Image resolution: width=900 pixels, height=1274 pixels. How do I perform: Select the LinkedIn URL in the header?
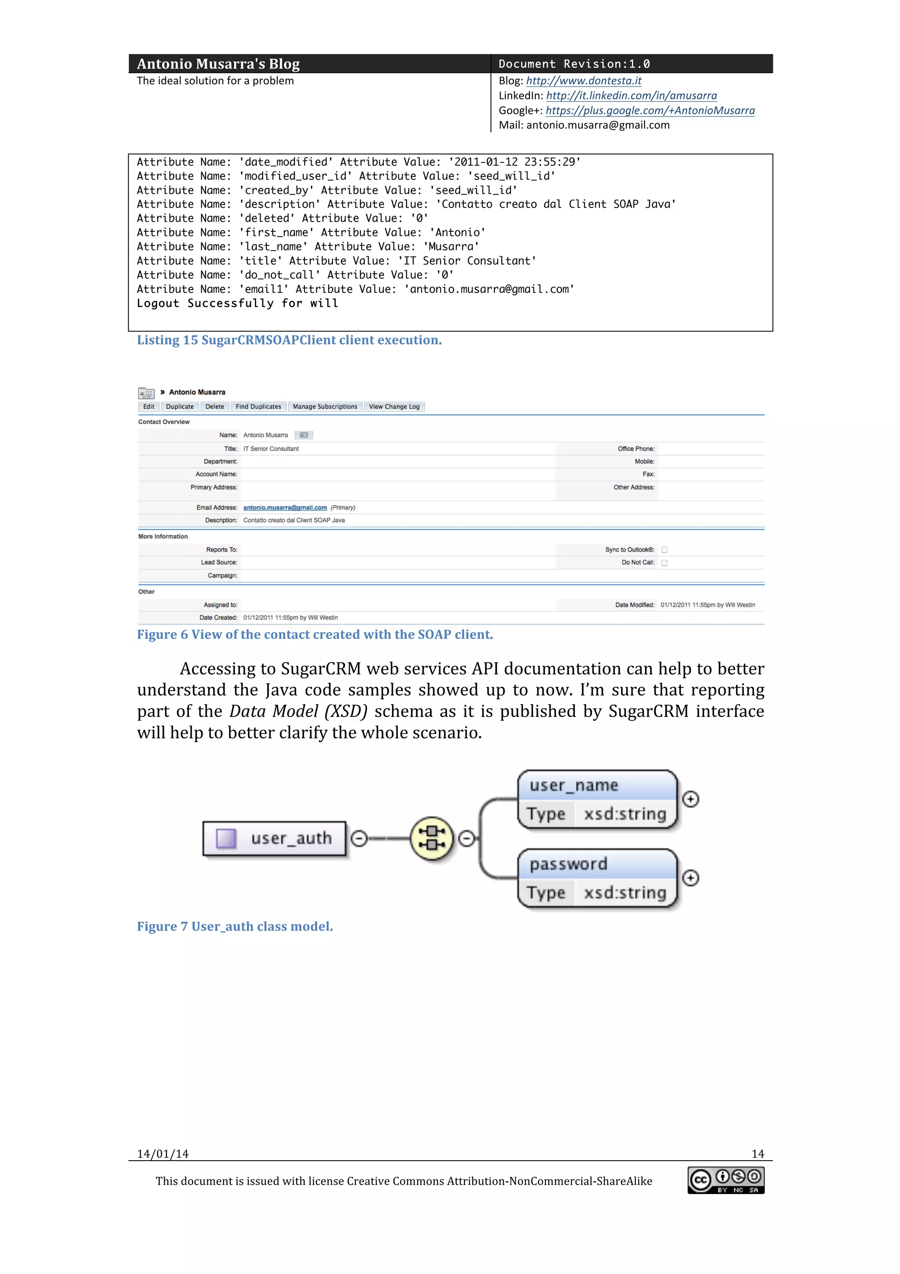point(631,95)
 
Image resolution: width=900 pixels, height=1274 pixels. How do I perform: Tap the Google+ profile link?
point(650,110)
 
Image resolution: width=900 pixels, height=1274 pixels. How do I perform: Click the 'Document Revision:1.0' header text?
point(574,64)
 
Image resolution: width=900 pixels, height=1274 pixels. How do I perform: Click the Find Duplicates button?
point(258,407)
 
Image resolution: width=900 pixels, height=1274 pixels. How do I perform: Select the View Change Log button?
point(394,407)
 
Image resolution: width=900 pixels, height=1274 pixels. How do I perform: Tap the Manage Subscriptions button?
point(325,407)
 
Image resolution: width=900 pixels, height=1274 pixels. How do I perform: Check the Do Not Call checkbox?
point(664,563)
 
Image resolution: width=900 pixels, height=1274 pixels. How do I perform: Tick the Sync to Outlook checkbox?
point(664,550)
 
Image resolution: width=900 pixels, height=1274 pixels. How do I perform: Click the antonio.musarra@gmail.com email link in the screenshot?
point(285,508)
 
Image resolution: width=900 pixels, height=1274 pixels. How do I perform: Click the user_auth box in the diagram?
point(275,838)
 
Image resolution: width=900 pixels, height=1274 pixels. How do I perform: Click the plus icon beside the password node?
point(690,878)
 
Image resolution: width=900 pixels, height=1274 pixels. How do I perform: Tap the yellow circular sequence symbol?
point(432,838)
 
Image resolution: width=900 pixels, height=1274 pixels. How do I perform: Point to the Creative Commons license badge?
point(726,1180)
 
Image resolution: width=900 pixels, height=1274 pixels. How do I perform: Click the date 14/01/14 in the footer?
point(163,1154)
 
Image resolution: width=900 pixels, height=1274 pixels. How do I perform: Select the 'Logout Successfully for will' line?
point(237,303)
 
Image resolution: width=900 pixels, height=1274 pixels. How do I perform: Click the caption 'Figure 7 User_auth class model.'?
point(235,926)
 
